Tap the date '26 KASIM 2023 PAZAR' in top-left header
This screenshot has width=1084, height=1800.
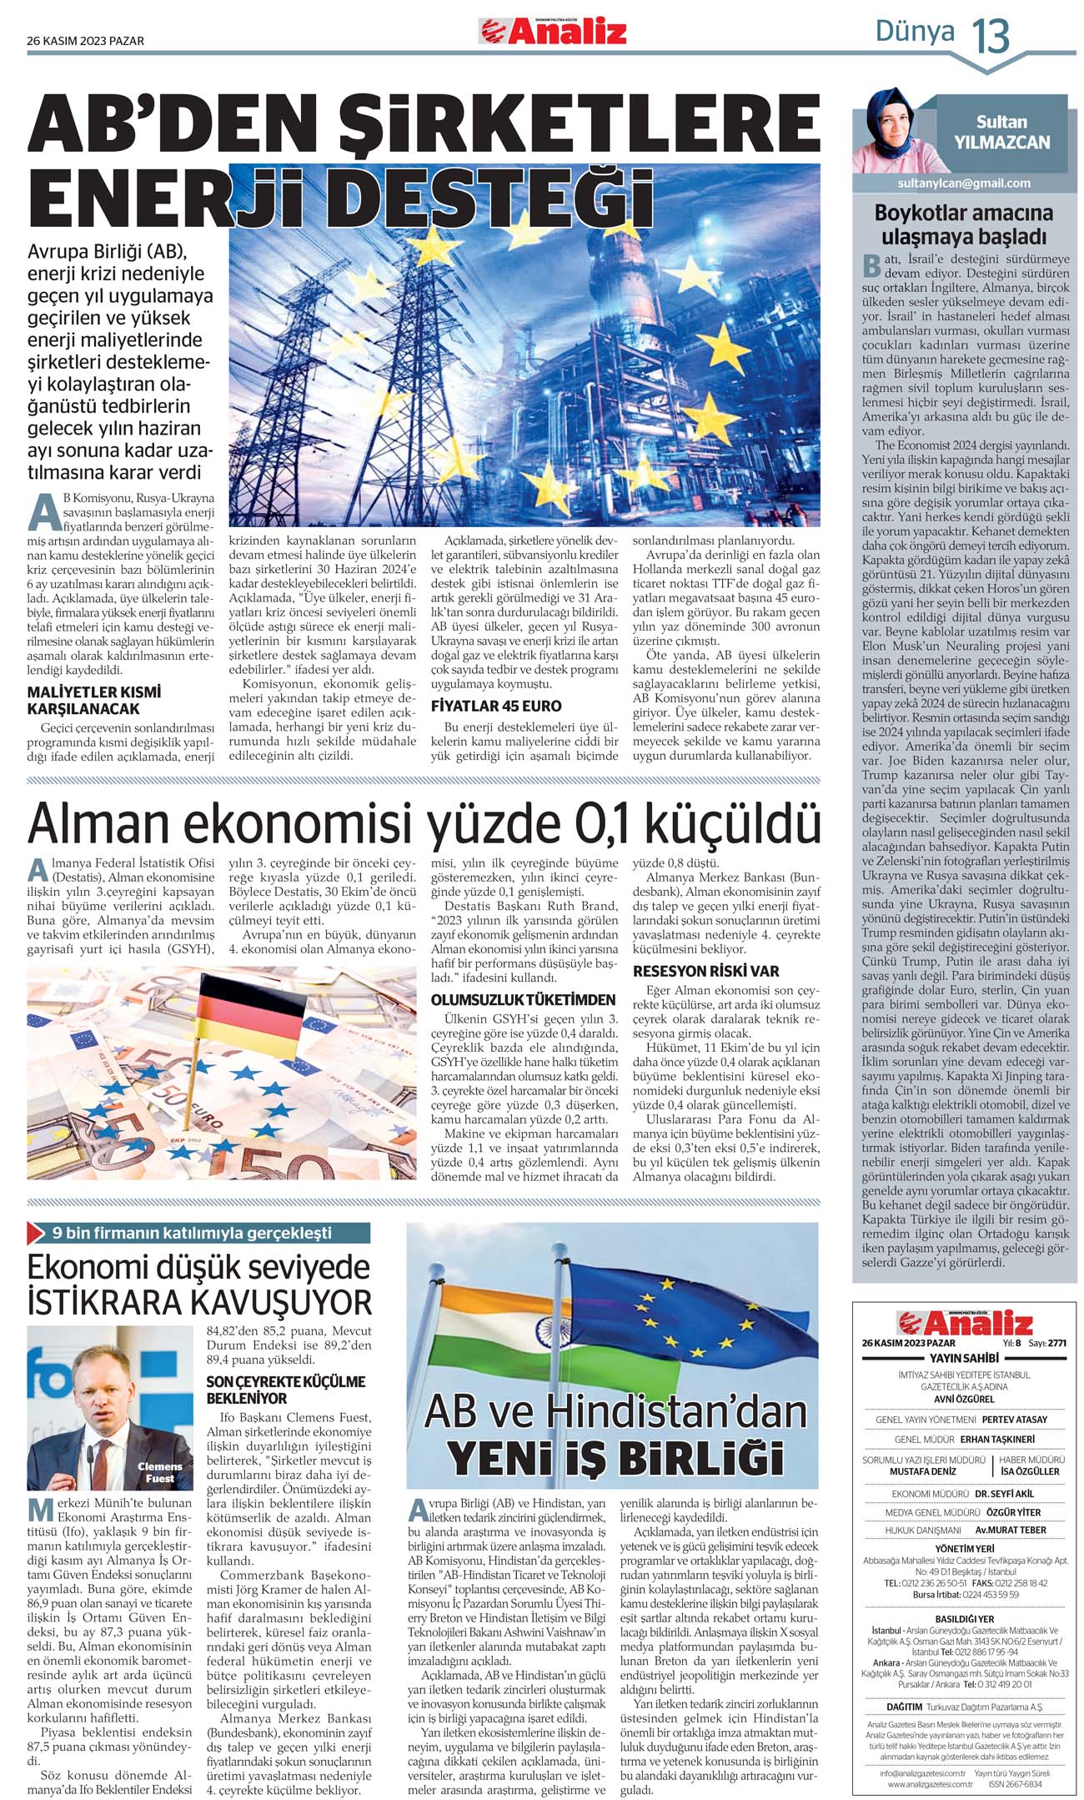point(85,41)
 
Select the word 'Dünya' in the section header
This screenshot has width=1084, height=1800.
point(915,32)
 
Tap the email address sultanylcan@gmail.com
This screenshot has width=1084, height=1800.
point(964,184)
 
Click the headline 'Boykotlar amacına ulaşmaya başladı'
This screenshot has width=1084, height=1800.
point(964,224)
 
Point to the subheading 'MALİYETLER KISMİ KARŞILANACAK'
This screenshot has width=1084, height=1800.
point(95,701)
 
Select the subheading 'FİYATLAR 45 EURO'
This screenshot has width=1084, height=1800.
point(496,706)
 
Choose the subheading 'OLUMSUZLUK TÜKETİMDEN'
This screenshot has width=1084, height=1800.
point(523,999)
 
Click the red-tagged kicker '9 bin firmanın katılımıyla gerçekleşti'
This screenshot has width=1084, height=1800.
point(192,1233)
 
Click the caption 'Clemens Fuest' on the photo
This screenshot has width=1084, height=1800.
point(159,1472)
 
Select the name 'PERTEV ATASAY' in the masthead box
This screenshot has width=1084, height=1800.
point(1014,1420)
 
